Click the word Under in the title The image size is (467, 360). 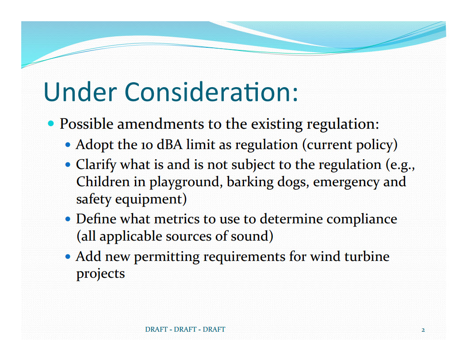click(80, 92)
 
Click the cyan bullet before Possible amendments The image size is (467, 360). click(51, 123)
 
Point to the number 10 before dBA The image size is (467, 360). click(147, 145)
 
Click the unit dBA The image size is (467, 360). click(169, 145)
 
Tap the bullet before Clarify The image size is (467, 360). click(68, 165)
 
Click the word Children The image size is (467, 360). click(103, 182)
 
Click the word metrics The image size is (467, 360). click(177, 219)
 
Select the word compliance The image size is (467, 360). click(362, 220)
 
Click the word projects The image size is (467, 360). click(101, 274)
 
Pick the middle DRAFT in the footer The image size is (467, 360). click(185, 329)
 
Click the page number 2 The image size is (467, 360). click(423, 330)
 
